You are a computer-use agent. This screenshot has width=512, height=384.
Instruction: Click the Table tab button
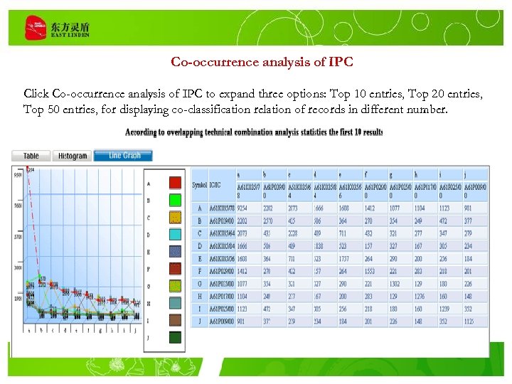(x=31, y=156)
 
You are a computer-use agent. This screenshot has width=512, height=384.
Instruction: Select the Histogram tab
(x=73, y=156)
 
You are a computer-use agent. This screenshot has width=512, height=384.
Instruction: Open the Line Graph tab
(x=124, y=156)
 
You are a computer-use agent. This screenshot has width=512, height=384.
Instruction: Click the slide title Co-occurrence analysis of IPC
(x=262, y=62)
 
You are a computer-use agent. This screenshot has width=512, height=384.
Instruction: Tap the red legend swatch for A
(x=175, y=183)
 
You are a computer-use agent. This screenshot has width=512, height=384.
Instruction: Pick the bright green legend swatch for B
(x=175, y=200)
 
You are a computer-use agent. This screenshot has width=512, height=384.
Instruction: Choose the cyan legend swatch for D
(x=175, y=235)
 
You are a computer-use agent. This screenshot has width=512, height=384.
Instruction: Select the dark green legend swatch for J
(x=175, y=338)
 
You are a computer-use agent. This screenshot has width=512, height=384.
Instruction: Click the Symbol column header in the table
(x=199, y=186)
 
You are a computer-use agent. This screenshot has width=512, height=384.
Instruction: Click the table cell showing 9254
(x=245, y=208)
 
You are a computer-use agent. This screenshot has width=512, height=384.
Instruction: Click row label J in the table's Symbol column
(x=199, y=321)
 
